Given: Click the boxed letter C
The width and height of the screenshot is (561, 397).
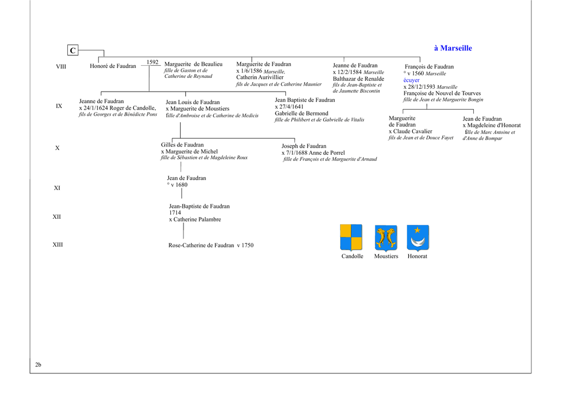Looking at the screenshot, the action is point(73,50).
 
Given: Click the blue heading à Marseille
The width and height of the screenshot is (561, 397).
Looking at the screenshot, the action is point(453,48).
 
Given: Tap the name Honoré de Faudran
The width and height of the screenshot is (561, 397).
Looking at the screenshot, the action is point(113,66).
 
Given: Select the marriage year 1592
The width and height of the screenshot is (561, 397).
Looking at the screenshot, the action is point(152,62).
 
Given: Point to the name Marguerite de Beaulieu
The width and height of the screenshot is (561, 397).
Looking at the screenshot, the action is point(193,64).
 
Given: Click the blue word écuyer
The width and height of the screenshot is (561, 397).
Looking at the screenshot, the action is point(411,80).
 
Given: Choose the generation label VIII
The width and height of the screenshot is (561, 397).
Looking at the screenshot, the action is point(61,66).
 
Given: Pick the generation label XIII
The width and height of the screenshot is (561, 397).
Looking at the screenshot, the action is point(58,245).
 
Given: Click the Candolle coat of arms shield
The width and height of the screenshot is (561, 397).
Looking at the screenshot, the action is point(351,237).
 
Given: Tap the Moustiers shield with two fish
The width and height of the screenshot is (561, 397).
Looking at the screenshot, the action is point(386,238).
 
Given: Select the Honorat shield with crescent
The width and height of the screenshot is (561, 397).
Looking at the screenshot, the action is point(417,238).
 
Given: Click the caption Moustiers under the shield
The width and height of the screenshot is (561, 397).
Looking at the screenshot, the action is point(386,256).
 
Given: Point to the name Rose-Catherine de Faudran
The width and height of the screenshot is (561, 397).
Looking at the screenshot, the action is point(201,245).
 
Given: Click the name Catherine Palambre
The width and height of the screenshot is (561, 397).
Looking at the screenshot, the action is point(197,219).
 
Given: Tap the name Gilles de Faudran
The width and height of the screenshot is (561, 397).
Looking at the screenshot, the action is point(182,145).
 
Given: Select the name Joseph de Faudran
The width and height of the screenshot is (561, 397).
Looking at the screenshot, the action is point(304,146).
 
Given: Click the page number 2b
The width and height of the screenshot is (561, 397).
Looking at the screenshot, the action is point(38,365).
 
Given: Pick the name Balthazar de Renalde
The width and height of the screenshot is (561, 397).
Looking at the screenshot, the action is point(358,79).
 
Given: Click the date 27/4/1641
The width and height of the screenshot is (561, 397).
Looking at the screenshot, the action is point(291,107).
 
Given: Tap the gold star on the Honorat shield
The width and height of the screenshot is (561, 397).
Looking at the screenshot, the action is point(417,230).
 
